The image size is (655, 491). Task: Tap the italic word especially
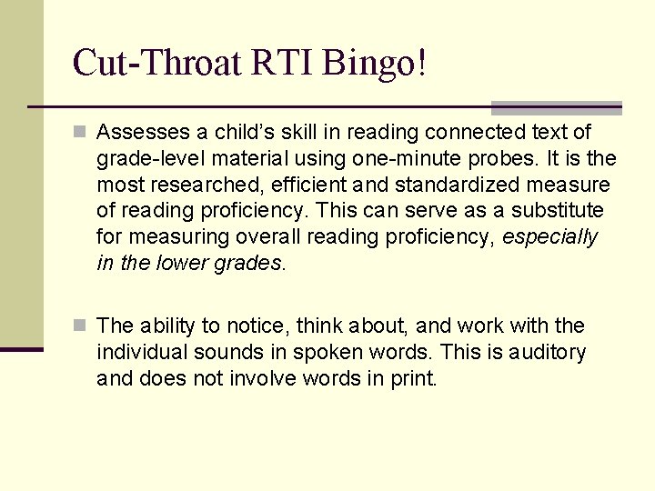[x=549, y=237]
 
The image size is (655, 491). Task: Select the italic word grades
[x=253, y=264]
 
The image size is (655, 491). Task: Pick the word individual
[x=145, y=352]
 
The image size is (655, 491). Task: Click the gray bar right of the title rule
[x=556, y=107]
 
